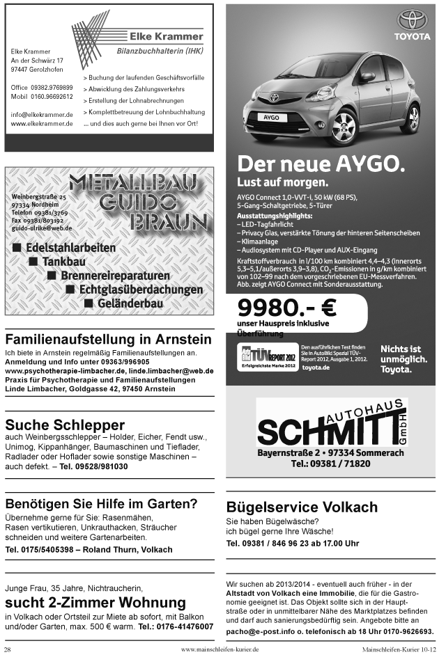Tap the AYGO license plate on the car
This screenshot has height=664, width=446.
pyautogui.click(x=270, y=118)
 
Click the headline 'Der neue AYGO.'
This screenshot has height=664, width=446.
pyautogui.click(x=321, y=164)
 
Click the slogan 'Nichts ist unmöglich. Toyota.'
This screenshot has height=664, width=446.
pyautogui.click(x=401, y=358)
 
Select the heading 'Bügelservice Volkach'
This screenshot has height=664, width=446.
pyautogui.click(x=302, y=507)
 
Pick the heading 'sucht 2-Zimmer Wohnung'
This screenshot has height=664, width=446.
pyautogui.click(x=95, y=602)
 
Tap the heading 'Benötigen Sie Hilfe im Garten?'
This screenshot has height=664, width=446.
pyautogui.click(x=101, y=503)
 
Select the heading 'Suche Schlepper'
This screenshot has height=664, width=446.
pyautogui.click(x=65, y=425)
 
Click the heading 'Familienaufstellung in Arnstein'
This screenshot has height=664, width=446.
pyautogui.click(x=108, y=340)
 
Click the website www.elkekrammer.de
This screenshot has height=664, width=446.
pyautogui.click(x=42, y=124)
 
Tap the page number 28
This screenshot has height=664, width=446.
pyautogui.click(x=8, y=649)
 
